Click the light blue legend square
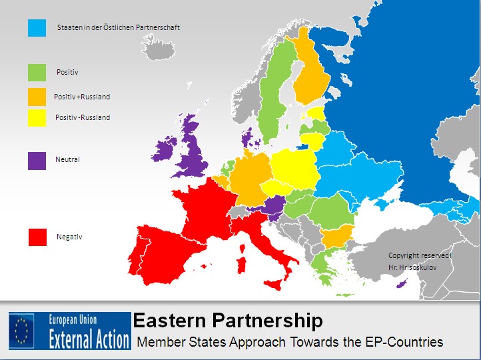pos(37,27)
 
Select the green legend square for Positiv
pos(37,72)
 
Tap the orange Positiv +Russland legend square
pos(37,97)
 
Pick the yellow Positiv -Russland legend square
pos(37,117)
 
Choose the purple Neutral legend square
pos(37,161)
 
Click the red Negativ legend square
pos(37,237)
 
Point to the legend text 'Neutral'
pos(68,160)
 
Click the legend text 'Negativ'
pos(69,237)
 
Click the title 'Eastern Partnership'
pos(228,321)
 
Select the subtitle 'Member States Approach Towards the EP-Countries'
pos(290,342)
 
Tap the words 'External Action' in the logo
pos(89,339)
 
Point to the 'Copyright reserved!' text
pos(420,255)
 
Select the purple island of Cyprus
pos(401,285)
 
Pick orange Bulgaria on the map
pos(336,236)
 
